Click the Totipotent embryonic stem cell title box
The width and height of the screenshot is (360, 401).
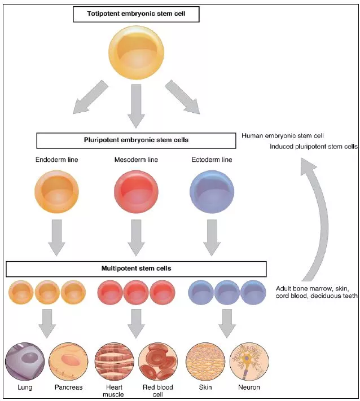[x=136, y=15]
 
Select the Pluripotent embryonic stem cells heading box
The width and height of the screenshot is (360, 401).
[x=136, y=140]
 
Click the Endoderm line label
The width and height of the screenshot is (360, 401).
[x=56, y=160]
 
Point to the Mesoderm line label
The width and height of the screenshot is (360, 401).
[x=137, y=160]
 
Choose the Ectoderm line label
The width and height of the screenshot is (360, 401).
[x=212, y=160]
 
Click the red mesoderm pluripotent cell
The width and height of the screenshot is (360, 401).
[x=136, y=192]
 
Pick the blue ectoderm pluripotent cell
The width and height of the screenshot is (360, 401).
[x=212, y=192]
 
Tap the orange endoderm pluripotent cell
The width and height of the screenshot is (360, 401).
[x=56, y=192]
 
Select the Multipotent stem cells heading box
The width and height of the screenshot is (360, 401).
[x=136, y=268]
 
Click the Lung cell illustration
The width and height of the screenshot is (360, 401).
[x=25, y=362]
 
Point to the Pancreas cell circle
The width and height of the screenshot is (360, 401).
[x=69, y=362]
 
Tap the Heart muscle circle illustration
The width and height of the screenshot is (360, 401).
[x=114, y=362]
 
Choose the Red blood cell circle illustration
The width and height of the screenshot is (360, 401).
[x=158, y=362]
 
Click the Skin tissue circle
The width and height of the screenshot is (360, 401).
[x=205, y=362]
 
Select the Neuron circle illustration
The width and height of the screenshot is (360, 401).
[x=249, y=362]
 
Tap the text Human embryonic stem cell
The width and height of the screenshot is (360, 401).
[x=282, y=136]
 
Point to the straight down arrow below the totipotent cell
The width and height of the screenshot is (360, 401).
[x=136, y=104]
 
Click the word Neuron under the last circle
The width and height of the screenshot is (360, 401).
[x=249, y=387]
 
